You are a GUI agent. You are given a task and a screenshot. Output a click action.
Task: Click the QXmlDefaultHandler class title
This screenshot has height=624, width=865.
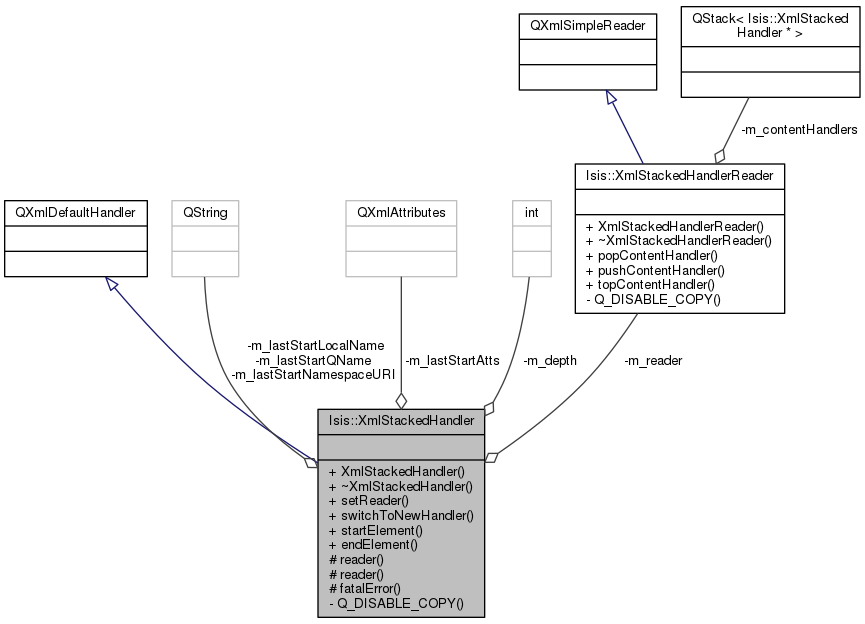pyautogui.click(x=75, y=213)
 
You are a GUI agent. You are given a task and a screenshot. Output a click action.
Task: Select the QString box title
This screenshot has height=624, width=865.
pyautogui.click(x=205, y=213)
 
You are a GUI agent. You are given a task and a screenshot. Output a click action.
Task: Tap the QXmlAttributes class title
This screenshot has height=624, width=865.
pyautogui.click(x=401, y=213)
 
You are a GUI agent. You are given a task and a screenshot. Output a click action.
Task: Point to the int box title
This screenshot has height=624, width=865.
pyautogui.click(x=531, y=213)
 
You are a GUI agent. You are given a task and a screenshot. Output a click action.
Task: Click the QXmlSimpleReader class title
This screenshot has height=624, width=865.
pyautogui.click(x=588, y=26)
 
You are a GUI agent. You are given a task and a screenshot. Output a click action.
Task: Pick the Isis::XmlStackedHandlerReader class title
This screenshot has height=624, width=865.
pyautogui.click(x=680, y=175)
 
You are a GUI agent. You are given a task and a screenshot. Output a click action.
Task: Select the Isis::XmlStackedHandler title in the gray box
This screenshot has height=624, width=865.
pyautogui.click(x=401, y=420)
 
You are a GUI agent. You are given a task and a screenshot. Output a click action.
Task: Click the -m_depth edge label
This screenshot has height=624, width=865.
pyautogui.click(x=549, y=361)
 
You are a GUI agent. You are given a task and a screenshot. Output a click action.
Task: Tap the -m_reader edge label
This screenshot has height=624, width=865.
pyautogui.click(x=653, y=361)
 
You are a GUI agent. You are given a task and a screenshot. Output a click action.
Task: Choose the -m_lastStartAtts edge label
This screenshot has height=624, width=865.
pyautogui.click(x=452, y=361)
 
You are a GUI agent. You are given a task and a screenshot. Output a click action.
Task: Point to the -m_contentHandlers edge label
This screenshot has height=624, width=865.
pyautogui.click(x=799, y=130)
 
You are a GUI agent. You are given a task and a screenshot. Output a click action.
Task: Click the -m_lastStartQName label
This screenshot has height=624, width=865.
pyautogui.click(x=313, y=361)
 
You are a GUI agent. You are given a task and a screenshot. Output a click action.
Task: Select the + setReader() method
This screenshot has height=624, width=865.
pyautogui.click(x=369, y=501)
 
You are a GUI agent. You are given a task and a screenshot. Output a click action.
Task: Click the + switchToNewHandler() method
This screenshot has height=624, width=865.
pyautogui.click(x=401, y=516)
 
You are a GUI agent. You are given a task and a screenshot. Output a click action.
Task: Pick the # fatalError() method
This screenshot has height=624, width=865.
pyautogui.click(x=365, y=589)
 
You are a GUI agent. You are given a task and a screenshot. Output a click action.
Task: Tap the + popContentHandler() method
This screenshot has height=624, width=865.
pyautogui.click(x=652, y=256)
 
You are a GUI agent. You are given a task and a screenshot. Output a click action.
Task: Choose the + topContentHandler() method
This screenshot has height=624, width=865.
pyautogui.click(x=650, y=285)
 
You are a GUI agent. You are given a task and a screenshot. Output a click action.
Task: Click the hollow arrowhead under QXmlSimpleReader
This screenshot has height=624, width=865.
pyautogui.click(x=610, y=97)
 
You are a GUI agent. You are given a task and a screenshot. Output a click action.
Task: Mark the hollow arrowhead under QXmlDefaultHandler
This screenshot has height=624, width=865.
pyautogui.click(x=112, y=284)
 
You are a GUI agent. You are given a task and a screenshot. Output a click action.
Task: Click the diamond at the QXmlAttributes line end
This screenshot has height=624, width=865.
pyautogui.click(x=401, y=401)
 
